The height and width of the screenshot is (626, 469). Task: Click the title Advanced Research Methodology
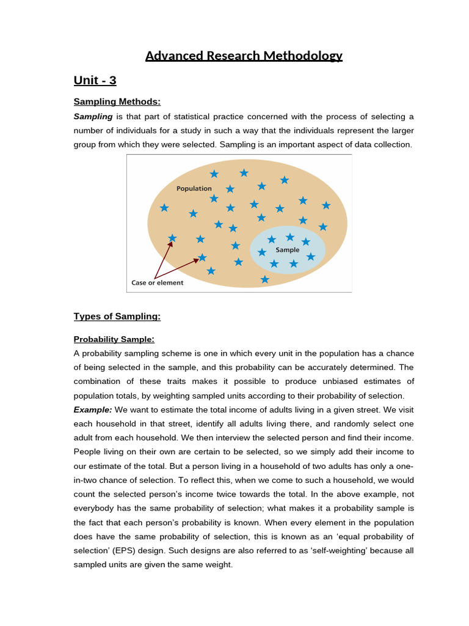tap(244, 56)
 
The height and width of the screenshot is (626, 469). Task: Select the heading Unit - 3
tap(95, 80)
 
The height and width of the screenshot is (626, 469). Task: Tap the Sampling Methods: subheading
tap(117, 101)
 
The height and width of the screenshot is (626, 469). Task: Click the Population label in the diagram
tap(194, 189)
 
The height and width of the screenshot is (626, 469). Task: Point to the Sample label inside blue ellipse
tap(288, 250)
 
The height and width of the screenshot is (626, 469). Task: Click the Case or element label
tap(158, 283)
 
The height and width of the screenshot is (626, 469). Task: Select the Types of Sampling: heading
tap(117, 316)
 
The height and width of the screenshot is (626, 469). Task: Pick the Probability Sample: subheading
tap(114, 339)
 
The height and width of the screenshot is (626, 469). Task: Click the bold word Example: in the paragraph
tap(93, 410)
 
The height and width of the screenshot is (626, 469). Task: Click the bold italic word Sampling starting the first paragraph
tap(93, 116)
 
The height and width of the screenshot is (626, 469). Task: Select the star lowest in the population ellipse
tap(264, 279)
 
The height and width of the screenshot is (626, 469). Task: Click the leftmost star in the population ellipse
tap(164, 208)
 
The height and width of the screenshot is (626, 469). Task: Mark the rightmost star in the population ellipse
tap(326, 205)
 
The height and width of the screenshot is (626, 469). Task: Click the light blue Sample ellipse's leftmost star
tap(262, 252)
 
